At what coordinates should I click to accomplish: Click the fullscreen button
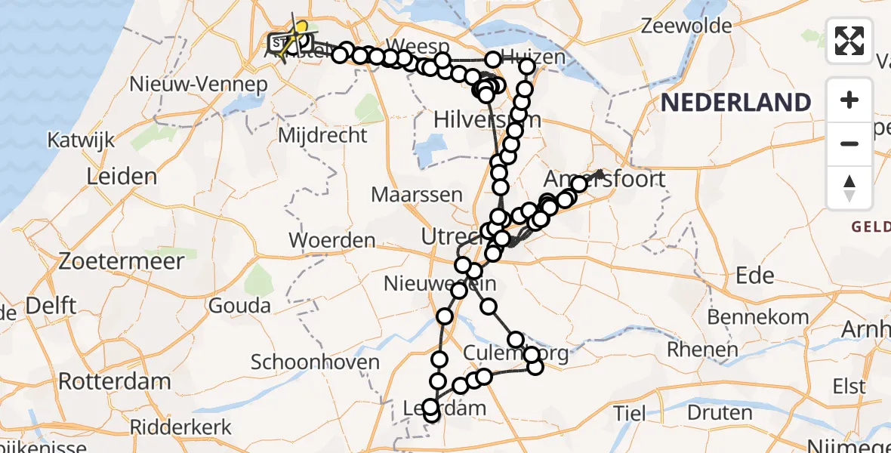[849, 41]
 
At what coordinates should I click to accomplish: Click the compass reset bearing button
[849, 188]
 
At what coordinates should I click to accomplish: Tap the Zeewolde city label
[686, 26]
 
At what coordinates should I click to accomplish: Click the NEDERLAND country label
[736, 102]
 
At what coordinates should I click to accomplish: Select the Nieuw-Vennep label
[199, 84]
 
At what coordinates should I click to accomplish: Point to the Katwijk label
[81, 140]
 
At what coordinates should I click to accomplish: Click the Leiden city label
[122, 177]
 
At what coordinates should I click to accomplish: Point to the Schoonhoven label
[315, 362]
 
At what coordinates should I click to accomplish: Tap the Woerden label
[333, 241]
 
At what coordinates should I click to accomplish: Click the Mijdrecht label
[323, 136]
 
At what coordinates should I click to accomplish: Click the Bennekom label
[759, 317]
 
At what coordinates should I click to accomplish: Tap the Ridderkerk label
[181, 427]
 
